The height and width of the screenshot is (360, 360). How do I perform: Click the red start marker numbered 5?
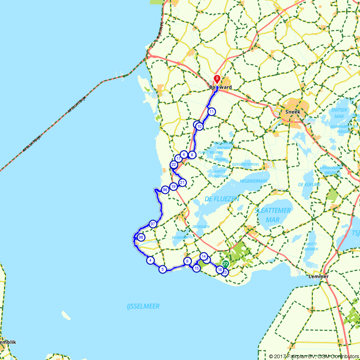point(217,78)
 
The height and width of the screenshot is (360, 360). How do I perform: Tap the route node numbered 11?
point(211,112)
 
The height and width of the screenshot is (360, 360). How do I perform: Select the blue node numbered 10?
point(199,126)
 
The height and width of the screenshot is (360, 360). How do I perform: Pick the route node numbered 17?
point(178,158)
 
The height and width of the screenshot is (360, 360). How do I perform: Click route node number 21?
point(183,183)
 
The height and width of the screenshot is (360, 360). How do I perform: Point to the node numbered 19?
point(174,186)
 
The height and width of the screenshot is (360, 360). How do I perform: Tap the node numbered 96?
point(165,190)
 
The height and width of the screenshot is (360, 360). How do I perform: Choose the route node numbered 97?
point(153,224)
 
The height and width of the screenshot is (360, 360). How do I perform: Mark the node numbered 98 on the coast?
point(141,237)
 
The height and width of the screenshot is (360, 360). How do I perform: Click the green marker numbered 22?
point(226,264)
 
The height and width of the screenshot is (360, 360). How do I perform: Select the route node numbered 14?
point(204,256)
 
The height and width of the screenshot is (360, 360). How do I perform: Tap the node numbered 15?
point(196,268)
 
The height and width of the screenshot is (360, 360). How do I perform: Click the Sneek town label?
point(292,112)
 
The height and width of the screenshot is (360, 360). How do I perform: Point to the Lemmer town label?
point(319,276)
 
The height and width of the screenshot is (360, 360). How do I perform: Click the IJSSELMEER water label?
point(143,306)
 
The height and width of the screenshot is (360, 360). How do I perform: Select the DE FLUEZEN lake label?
point(222,199)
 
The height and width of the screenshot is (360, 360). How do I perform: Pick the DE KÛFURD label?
point(309,185)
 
